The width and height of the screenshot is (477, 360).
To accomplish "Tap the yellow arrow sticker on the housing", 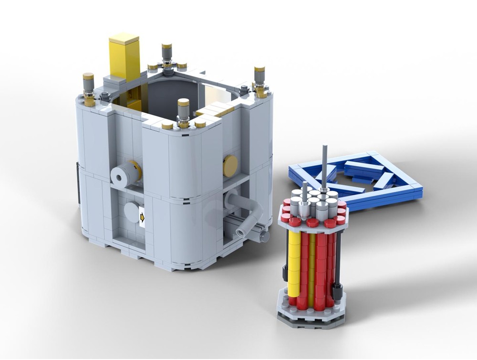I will [x=142, y=218].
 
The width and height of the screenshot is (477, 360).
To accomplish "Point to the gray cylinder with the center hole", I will [x=124, y=176].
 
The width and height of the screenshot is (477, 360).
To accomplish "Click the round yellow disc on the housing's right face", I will [x=230, y=165].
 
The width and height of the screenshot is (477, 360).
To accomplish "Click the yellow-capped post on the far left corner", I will [x=89, y=88].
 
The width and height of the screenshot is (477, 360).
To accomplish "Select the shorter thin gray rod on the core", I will [x=304, y=191].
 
